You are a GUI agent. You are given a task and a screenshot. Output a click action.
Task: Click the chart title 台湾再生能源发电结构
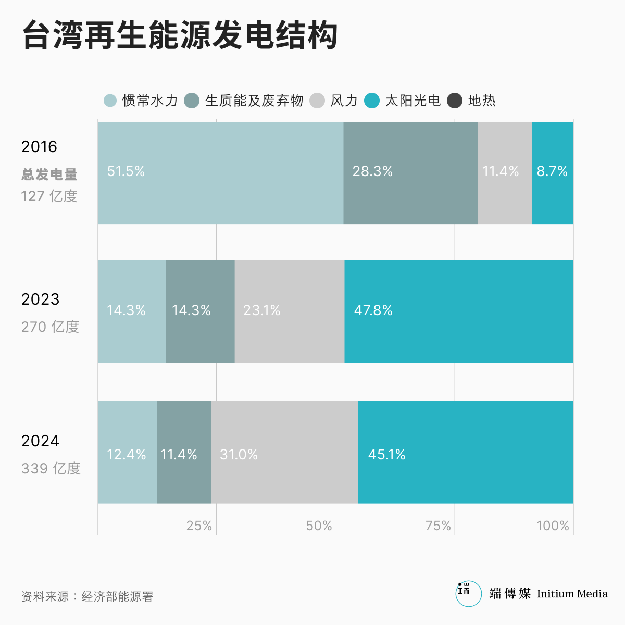point(180,35)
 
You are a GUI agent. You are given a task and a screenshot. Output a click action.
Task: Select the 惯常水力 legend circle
point(110,101)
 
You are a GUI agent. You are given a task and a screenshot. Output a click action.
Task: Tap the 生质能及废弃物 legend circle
point(192,101)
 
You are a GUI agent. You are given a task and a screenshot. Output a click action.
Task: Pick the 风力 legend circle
point(317,101)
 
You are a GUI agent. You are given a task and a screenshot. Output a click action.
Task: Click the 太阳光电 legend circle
point(372,101)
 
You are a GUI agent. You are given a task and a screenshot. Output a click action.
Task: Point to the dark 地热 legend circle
point(455,101)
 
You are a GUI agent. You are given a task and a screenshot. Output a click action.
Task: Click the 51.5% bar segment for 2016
point(220,173)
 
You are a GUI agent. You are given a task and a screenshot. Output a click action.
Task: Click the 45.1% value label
point(386,455)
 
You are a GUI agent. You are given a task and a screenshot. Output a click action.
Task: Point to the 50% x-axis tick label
point(319,526)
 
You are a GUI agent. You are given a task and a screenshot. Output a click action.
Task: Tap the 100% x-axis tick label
point(553,526)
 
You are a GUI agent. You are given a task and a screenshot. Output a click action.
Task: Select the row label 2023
point(40,299)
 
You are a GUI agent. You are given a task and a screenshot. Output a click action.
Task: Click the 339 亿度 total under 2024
point(51,468)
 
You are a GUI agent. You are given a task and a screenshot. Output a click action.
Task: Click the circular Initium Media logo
point(469,594)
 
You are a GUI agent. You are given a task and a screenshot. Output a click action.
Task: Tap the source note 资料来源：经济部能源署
point(87,596)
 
